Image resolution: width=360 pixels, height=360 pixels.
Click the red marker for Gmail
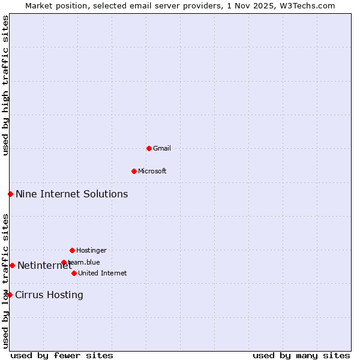pos(149,148)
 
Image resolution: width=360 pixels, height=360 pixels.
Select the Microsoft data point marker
pos(134,171)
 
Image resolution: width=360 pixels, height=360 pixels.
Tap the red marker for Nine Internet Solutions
pos(10,194)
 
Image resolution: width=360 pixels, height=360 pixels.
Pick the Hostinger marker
pos(72,250)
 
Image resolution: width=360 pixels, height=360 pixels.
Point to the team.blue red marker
pos(64,262)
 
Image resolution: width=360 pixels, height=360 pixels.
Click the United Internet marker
pos(74,273)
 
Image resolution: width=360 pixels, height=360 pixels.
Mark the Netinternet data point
pos(12,265)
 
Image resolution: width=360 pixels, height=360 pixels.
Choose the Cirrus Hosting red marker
pos(10,295)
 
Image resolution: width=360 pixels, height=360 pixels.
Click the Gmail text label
pos(162,148)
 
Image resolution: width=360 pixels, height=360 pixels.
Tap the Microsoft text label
pos(152,171)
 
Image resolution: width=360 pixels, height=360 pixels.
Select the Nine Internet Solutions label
pos(71,194)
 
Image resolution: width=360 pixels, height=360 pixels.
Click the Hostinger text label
pos(91,250)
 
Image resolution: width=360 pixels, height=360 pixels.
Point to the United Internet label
pos(103,273)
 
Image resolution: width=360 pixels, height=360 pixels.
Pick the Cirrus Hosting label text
pos(49,295)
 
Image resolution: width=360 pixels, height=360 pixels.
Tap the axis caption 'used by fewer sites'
pos(62,355)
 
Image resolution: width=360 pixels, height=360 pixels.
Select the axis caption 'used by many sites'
pos(301,355)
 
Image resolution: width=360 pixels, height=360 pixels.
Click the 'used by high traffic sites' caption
pos(5,85)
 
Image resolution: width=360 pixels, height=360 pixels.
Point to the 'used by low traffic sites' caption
pos(5,281)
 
